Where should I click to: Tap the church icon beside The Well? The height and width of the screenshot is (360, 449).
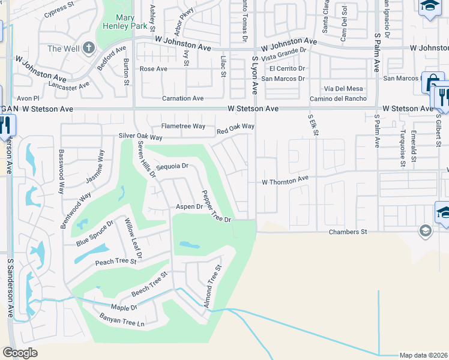click(x=88, y=47)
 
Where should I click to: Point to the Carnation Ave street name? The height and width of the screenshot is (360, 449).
click(x=182, y=98)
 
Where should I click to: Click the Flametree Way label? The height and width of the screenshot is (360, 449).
click(x=184, y=127)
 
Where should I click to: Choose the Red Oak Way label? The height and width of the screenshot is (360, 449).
click(x=235, y=127)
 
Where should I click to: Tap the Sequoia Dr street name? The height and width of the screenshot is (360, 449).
click(x=172, y=166)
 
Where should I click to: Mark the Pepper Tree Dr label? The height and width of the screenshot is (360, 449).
click(x=216, y=206)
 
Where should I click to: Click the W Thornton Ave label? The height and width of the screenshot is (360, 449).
click(x=285, y=179)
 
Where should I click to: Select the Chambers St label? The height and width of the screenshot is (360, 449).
click(x=347, y=232)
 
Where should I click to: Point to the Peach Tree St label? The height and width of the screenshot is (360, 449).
click(x=116, y=262)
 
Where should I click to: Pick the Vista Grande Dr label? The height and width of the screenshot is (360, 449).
click(x=283, y=55)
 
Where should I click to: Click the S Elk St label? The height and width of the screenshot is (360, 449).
click(x=312, y=126)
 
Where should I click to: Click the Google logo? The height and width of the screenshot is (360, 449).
click(x=20, y=353)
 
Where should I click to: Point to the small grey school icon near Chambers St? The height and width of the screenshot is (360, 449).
click(x=425, y=231)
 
